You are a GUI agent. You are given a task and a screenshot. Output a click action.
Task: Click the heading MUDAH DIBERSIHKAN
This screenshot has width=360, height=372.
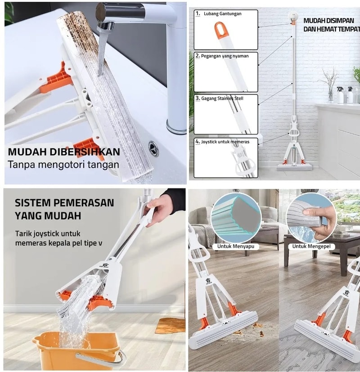[x=64, y=152]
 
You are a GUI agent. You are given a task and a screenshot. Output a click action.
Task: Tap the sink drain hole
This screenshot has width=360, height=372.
[x=153, y=148]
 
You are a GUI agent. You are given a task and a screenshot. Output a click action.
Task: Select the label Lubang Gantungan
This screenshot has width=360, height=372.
[x=223, y=14]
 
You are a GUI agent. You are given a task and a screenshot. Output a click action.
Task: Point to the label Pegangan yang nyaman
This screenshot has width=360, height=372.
[x=225, y=56]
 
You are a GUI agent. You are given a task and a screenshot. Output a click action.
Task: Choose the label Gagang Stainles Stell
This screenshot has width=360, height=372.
[x=222, y=99]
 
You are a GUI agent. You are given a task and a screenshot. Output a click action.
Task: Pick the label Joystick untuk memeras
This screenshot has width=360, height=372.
[x=225, y=142]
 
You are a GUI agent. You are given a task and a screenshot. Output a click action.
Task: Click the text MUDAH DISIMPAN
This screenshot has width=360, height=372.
[x=328, y=21]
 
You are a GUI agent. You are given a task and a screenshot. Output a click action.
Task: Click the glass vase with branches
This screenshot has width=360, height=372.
[x=330, y=85]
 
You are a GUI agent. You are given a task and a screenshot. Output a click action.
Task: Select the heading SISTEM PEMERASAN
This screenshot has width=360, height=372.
[x=64, y=203]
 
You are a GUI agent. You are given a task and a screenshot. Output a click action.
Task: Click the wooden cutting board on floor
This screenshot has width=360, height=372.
[x=170, y=326]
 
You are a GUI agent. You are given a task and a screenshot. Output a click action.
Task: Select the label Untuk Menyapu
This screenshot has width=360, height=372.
[x=236, y=246]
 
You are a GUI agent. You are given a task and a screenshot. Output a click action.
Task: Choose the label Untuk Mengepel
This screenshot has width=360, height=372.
[x=311, y=246]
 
